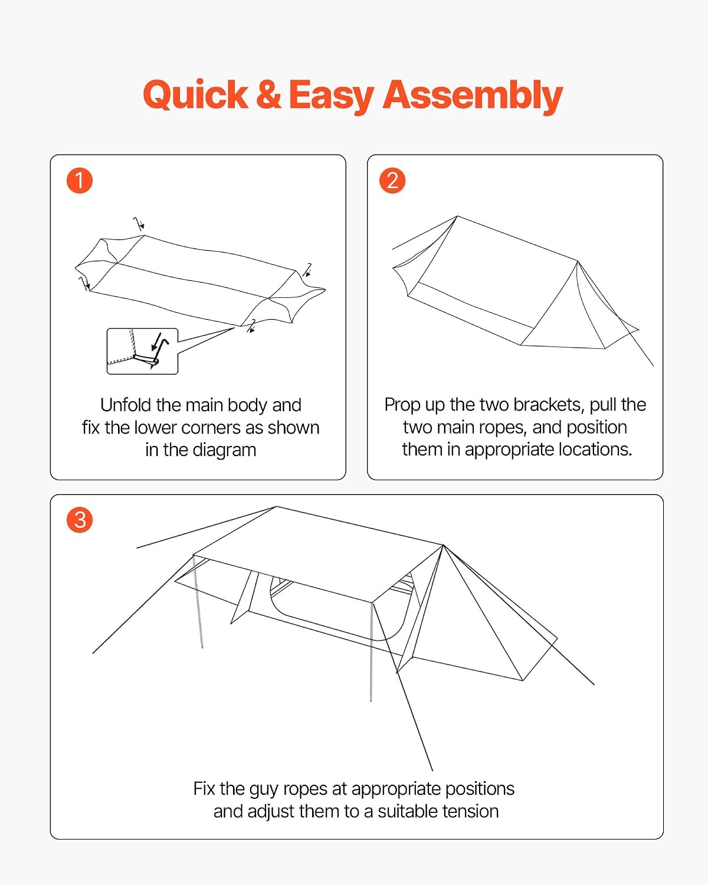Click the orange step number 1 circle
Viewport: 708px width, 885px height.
tap(80, 181)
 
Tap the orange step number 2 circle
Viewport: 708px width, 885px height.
tap(392, 181)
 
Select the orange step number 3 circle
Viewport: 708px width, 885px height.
tap(80, 520)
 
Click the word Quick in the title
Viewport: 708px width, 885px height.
tap(195, 96)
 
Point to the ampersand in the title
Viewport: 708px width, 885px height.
tap(268, 94)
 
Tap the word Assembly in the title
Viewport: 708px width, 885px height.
tap(473, 97)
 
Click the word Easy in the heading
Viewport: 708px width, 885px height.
tap(332, 97)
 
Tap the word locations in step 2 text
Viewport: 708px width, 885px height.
tap(595, 450)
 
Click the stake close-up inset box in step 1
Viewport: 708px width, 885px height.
tap(142, 351)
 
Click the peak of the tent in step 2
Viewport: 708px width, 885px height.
tap(457, 217)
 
